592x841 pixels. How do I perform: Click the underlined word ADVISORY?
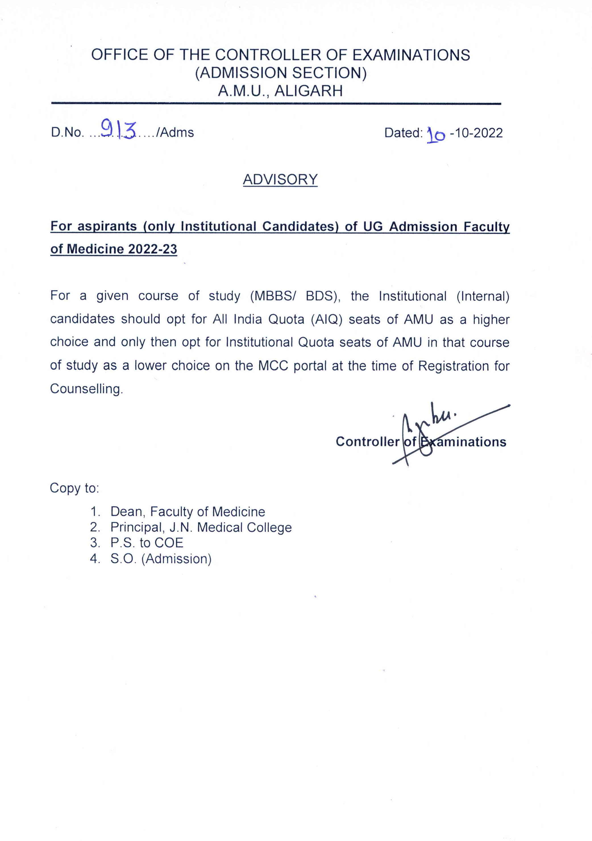click(x=280, y=179)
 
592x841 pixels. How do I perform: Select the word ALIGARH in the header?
click(x=309, y=91)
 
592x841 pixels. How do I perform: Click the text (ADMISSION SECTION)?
click(x=281, y=73)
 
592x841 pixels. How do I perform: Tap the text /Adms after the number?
click(x=175, y=132)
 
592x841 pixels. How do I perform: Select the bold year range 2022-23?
click(x=153, y=249)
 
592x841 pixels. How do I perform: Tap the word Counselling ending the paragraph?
click(x=86, y=389)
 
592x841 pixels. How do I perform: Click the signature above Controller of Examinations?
click(x=432, y=425)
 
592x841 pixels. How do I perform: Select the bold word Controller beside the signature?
click(x=367, y=441)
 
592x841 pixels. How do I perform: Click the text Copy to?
click(x=74, y=488)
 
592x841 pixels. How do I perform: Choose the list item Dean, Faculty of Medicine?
click(x=188, y=511)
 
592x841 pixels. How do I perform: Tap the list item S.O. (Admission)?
click(x=161, y=559)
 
